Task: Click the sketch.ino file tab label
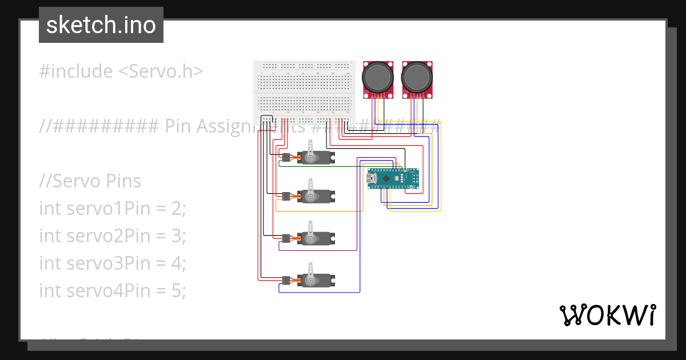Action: pos(101,26)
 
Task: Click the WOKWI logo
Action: pos(607,315)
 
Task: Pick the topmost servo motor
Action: pos(315,157)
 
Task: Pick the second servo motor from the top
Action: pos(315,196)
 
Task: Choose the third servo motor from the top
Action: pos(315,238)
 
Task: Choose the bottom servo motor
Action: pos(315,280)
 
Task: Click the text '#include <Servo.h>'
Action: pos(121,71)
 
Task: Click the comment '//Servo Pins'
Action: pos(90,181)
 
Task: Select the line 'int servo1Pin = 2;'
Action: pos(113,209)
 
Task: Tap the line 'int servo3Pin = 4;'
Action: pos(113,263)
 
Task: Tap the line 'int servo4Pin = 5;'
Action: pos(113,290)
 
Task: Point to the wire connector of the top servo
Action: pos(285,157)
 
